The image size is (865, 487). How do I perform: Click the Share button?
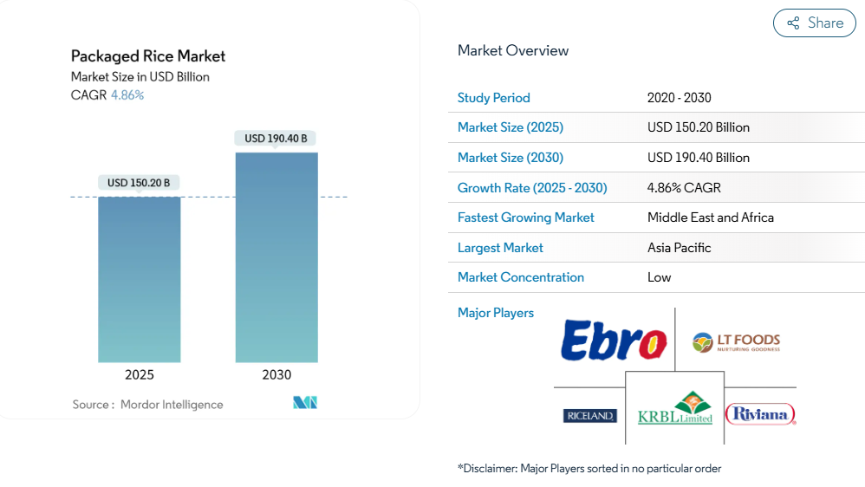(814, 23)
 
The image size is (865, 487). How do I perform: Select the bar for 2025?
(139, 280)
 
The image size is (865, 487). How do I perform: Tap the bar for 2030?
(276, 257)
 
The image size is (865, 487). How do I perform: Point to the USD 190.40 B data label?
(276, 139)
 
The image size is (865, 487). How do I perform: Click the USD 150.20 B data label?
(139, 183)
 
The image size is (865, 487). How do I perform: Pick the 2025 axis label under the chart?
(139, 375)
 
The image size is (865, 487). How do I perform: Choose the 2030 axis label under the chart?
(276, 375)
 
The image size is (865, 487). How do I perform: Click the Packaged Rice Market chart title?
(148, 56)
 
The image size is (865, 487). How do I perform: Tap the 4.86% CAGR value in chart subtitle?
(127, 94)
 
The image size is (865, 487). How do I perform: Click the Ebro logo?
(614, 341)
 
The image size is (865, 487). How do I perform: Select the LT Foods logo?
(736, 342)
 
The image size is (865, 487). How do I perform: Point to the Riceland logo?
(589, 416)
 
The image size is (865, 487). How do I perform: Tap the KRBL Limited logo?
(675, 409)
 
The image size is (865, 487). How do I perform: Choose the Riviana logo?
(760, 414)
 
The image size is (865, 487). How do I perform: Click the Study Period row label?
(494, 98)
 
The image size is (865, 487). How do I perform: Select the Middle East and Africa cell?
(711, 218)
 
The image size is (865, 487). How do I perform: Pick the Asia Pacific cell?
(680, 248)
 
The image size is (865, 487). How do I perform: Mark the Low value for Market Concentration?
(660, 277)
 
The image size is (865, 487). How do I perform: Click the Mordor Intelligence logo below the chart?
(305, 403)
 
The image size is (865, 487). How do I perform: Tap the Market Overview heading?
(513, 51)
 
